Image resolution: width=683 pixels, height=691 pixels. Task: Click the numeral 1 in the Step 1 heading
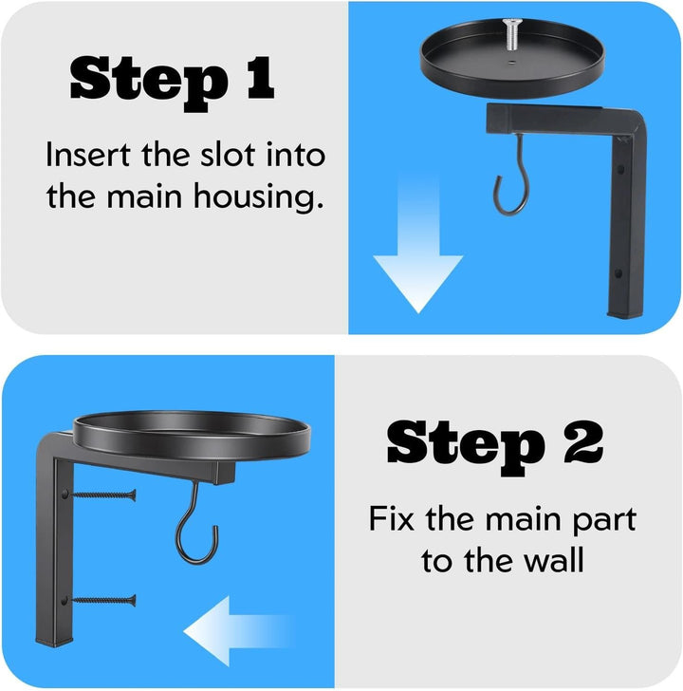click(x=261, y=78)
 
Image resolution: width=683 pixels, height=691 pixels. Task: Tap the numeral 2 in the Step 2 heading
click(x=584, y=441)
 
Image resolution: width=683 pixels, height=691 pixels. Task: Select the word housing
click(x=259, y=197)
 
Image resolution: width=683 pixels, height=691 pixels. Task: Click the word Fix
click(x=392, y=518)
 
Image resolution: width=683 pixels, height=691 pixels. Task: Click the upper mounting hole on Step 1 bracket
click(x=620, y=169)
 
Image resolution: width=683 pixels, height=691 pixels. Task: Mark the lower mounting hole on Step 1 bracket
click(x=618, y=273)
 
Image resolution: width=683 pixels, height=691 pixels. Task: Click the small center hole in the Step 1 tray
click(x=510, y=63)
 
